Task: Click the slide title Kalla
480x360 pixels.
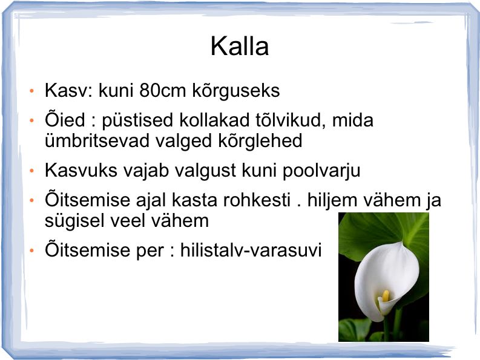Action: coord(240,46)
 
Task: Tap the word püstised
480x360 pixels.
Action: coord(137,120)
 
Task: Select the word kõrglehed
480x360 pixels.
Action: coord(260,142)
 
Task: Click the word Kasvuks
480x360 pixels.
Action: coord(81,170)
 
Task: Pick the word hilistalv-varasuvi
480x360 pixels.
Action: coord(251,250)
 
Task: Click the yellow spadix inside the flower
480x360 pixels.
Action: coord(386,295)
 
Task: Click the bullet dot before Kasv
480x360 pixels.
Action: coord(31,91)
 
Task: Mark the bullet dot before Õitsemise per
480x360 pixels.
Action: coord(31,250)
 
